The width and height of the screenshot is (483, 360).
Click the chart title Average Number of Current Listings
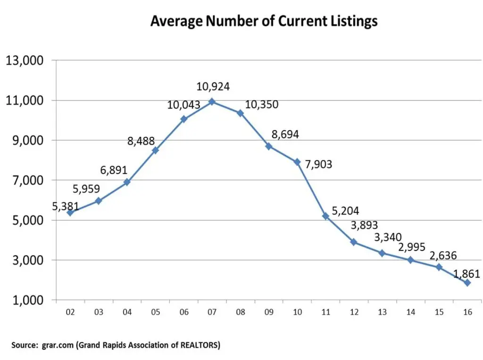click(x=264, y=22)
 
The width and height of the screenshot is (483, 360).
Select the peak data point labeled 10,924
click(x=212, y=101)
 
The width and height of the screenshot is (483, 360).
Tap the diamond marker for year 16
click(x=467, y=283)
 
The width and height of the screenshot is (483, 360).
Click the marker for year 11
click(x=325, y=216)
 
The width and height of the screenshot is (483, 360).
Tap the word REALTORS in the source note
click(x=198, y=345)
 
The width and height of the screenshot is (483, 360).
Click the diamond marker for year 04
click(x=127, y=182)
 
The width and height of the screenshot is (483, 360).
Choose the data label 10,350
click(x=262, y=104)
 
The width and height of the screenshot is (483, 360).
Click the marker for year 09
click(x=269, y=146)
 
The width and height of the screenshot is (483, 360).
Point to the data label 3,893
click(x=364, y=226)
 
